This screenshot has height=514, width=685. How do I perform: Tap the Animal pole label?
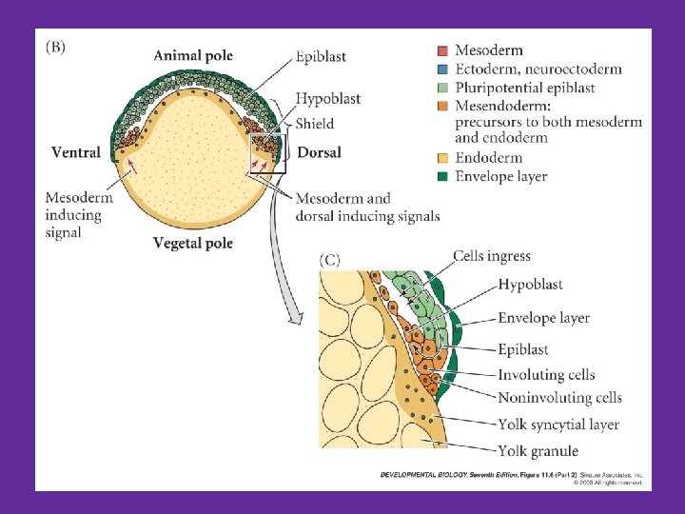(x=192, y=55)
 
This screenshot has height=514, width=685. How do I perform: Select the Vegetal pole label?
(x=192, y=243)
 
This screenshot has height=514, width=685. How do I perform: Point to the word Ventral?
(x=76, y=152)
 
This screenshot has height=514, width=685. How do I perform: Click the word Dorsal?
(x=319, y=152)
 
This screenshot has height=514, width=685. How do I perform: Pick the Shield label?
(x=314, y=123)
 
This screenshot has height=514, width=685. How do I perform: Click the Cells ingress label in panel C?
(x=491, y=256)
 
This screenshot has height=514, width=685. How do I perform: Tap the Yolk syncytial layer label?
(x=558, y=425)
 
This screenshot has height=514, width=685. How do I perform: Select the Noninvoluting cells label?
(x=559, y=398)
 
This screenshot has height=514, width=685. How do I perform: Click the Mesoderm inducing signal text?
(x=78, y=215)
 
